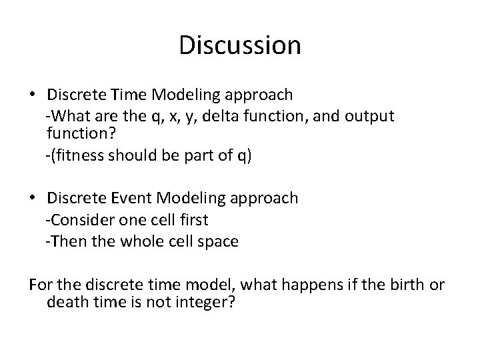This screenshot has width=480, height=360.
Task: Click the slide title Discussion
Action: (240, 46)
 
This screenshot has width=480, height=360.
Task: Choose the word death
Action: (67, 303)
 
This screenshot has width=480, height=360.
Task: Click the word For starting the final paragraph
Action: (40, 285)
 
